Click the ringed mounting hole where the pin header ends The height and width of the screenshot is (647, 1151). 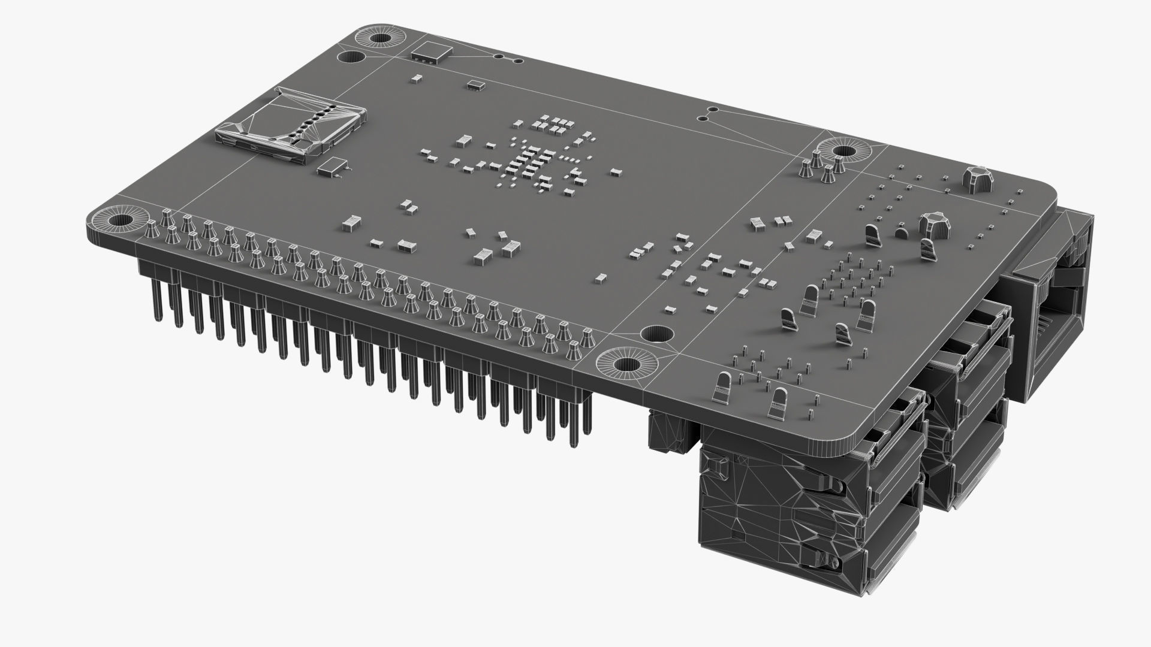pos(626,364)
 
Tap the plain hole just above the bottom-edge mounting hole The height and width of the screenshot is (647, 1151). pos(656,334)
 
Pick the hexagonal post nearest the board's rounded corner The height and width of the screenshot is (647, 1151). pos(975,179)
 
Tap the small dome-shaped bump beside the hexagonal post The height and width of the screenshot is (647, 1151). pos(901,232)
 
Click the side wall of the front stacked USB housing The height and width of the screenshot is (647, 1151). pos(779,515)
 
